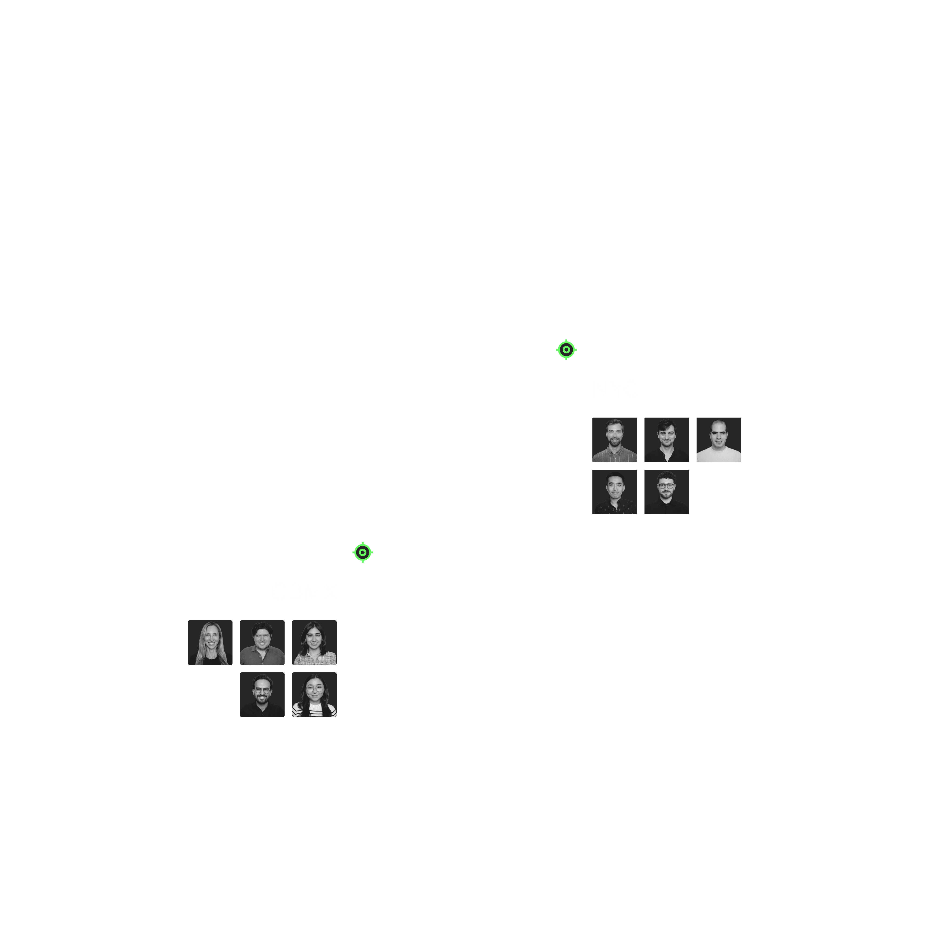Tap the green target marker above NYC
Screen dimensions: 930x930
pos(566,349)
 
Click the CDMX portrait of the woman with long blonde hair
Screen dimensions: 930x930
pos(210,643)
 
